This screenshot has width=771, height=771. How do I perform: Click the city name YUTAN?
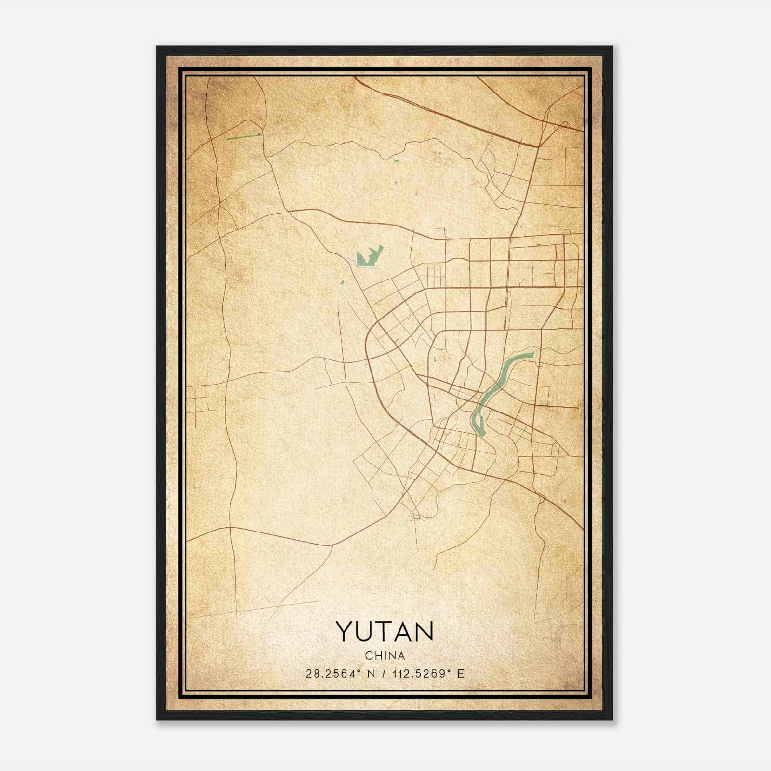tap(385, 632)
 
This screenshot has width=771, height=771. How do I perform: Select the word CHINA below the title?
tap(385, 656)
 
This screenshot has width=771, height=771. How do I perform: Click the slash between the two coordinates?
tap(384, 674)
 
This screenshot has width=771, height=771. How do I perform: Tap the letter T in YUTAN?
tap(385, 632)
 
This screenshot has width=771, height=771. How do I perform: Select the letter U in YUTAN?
tap(365, 632)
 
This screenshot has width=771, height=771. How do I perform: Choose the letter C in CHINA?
tap(368, 656)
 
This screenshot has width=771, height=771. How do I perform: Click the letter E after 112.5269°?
tap(461, 674)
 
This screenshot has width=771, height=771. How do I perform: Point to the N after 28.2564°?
tap(370, 674)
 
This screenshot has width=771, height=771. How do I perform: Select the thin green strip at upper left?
tap(243, 136)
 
